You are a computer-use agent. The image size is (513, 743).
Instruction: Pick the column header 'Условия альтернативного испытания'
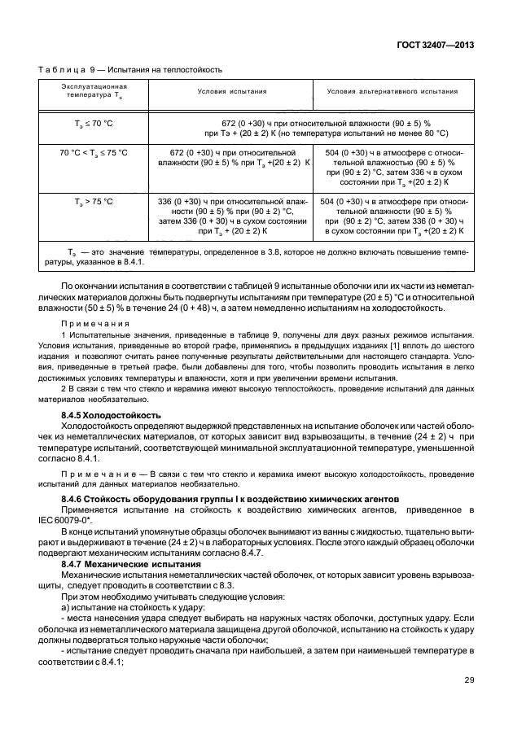coord(392,91)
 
